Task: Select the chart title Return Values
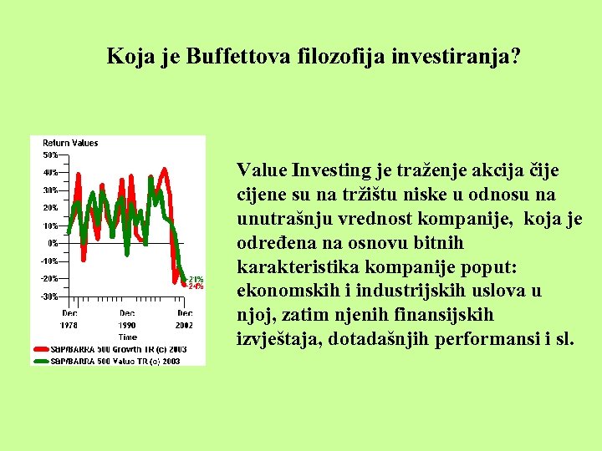70,143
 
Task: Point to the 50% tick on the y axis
50,155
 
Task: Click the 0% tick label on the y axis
53,243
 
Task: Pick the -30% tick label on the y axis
49,296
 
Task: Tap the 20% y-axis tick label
50,208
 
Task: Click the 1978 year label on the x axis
70,324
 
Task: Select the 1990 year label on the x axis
127,324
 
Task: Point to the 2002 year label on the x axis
184,324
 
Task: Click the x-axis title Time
127,337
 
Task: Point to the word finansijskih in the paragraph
438,315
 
